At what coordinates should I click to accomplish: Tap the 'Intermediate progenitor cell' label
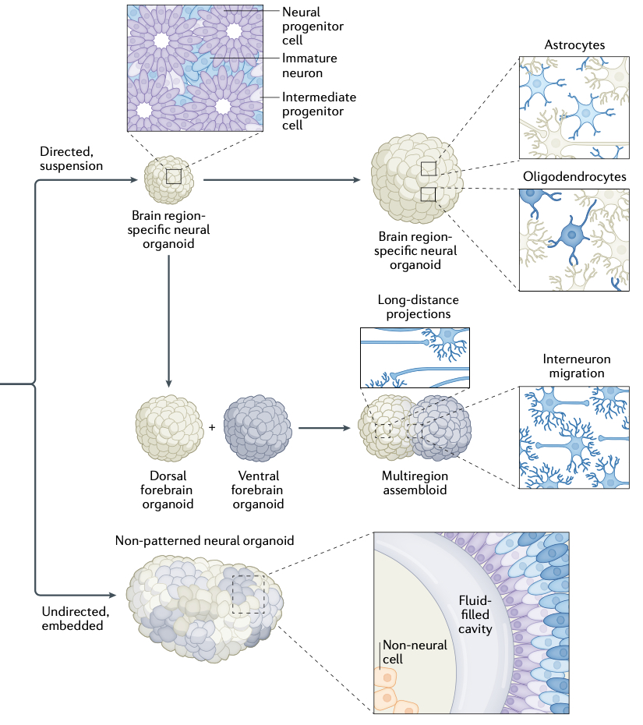(320, 111)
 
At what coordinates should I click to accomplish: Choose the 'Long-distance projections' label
(418, 306)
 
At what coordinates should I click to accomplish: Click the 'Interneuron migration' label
(576, 366)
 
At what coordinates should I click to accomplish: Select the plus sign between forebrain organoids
(212, 427)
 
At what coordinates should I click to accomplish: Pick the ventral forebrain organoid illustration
(257, 428)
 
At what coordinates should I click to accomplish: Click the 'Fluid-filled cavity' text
(473, 614)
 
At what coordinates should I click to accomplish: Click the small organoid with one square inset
(171, 178)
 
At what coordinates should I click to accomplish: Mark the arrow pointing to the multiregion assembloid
(323, 428)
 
